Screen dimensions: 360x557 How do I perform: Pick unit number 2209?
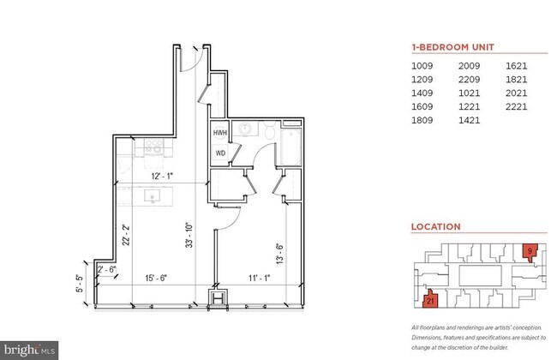tap(470, 79)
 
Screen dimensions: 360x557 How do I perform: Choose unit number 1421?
tap(470, 121)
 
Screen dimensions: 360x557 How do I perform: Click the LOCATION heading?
tap(436, 227)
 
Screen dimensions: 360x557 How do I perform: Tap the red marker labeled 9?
tap(530, 251)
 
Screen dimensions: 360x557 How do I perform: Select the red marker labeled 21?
tap(431, 300)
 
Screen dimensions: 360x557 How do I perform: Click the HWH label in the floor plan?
tap(220, 133)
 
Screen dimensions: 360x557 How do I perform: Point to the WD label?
tap(220, 153)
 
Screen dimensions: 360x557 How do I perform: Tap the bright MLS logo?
tap(30, 350)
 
